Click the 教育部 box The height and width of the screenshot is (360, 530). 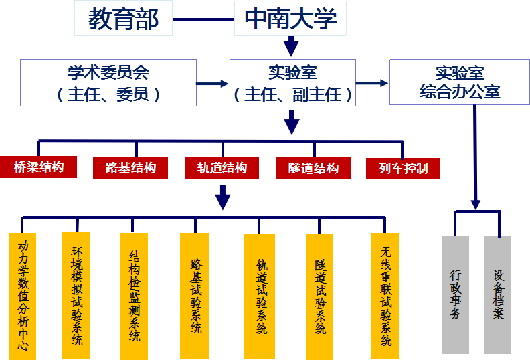pyautogui.click(x=123, y=19)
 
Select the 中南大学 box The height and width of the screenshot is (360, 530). pyautogui.click(x=290, y=19)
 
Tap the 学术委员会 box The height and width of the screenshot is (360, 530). pyautogui.click(x=108, y=82)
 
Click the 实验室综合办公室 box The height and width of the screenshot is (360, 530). pyautogui.click(x=459, y=82)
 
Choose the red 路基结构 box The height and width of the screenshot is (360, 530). pyautogui.click(x=132, y=167)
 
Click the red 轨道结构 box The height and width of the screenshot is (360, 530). pyautogui.click(x=222, y=167)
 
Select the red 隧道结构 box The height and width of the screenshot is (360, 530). pyautogui.click(x=313, y=168)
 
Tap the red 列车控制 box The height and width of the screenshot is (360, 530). pyautogui.click(x=403, y=168)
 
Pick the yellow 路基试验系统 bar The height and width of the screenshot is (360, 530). pyautogui.click(x=195, y=295)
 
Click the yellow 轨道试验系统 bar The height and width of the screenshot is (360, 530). pyautogui.click(x=260, y=295)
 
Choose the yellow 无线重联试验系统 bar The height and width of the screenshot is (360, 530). pyautogui.click(x=385, y=295)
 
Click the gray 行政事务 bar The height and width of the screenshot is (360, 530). pyautogui.click(x=455, y=294)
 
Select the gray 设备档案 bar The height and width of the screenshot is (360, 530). pyautogui.click(x=498, y=294)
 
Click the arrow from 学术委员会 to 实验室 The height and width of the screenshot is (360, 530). pyautogui.click(x=213, y=84)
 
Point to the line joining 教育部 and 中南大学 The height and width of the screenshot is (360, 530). pyautogui.click(x=203, y=19)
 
